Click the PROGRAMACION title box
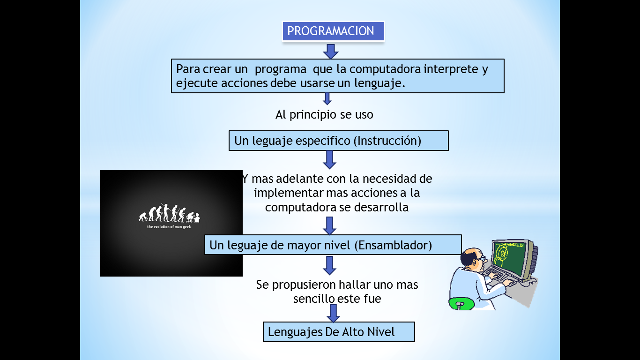tap(333, 31)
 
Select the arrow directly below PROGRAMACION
tap(331, 51)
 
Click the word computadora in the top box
tap(385, 69)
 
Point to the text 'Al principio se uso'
tap(324, 114)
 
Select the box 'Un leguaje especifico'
tap(338, 141)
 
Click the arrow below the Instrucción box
tap(330, 159)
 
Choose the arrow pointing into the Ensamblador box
tap(330, 226)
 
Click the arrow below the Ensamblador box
tap(330, 265)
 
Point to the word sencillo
tap(314, 299)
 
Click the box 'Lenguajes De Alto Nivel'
tap(339, 332)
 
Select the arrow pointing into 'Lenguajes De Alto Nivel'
tap(333, 313)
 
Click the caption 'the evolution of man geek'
tap(169, 227)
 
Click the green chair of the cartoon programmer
tap(459, 304)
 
